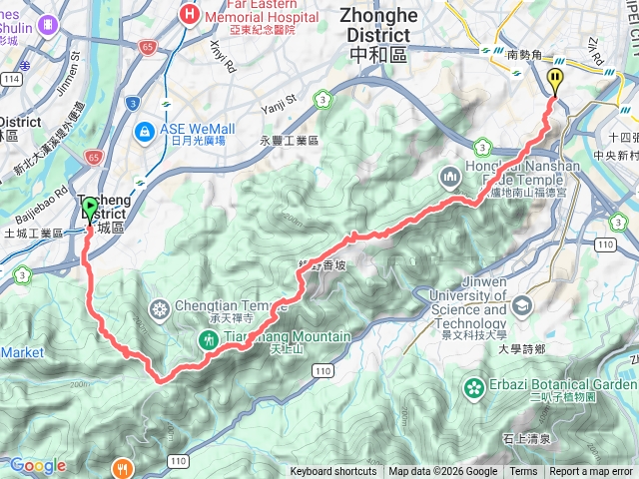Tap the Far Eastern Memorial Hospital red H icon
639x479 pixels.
coord(190,13)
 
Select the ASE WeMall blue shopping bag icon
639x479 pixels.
coord(146,130)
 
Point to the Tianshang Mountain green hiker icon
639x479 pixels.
coord(208,339)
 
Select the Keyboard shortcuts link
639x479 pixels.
coord(333,472)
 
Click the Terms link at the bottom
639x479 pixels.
coord(523,472)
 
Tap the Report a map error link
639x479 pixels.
coord(592,472)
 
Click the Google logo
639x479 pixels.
coord(37,465)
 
